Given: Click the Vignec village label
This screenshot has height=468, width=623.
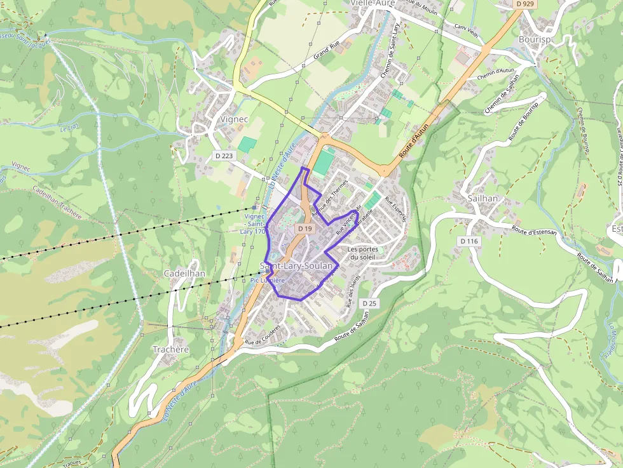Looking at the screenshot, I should [233, 119].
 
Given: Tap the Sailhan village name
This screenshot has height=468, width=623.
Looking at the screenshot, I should [483, 198].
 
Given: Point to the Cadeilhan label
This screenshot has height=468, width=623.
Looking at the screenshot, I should [184, 273].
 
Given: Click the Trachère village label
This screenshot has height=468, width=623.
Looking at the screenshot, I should [171, 349].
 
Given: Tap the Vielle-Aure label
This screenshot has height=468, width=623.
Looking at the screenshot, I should [373, 3].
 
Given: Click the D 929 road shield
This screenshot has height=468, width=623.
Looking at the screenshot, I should [524, 4].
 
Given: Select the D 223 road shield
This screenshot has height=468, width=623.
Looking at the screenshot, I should [224, 156].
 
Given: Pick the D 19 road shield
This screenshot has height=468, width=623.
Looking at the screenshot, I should [305, 228].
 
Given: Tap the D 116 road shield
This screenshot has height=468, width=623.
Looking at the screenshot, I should [470, 241].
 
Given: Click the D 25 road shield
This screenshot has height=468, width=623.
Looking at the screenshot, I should [369, 304].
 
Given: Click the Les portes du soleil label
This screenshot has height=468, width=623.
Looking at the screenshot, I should [363, 253].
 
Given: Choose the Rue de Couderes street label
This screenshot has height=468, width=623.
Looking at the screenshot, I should [263, 340].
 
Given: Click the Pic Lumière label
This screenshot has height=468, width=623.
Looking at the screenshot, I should [268, 279].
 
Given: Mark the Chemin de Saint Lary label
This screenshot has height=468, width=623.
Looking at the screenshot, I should [389, 50].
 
